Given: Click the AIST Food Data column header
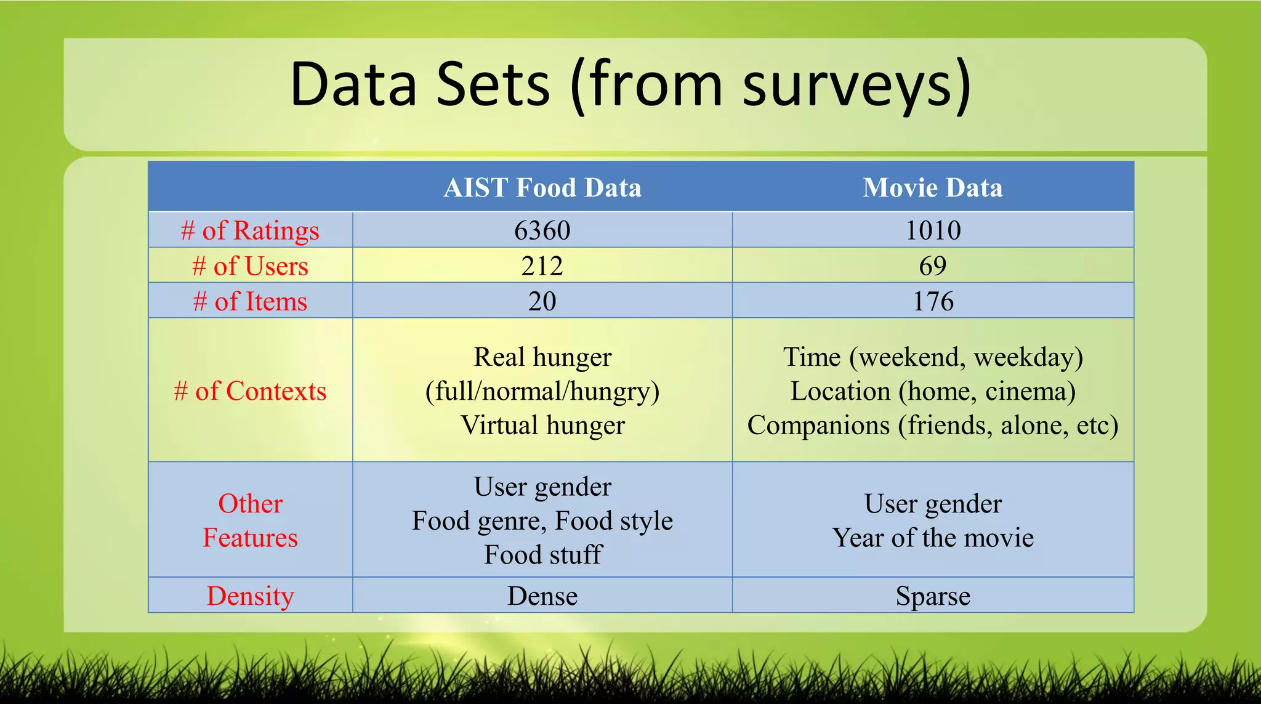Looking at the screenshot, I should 542,187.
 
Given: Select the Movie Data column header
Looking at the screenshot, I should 932,187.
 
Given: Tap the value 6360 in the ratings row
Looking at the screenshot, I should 542,230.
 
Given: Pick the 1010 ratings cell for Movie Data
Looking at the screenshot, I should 932,230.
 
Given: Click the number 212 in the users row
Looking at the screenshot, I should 542,266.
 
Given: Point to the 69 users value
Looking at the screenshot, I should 932,266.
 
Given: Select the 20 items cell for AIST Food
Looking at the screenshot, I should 542,301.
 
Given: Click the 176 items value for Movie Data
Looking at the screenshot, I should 932,301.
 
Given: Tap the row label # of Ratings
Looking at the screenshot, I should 250,231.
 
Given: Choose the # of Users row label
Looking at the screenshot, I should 250,266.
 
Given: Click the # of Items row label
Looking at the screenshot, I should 250,302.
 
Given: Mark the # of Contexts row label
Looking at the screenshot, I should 250,391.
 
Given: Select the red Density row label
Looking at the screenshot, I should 250,596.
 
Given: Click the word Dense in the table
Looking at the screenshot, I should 542,596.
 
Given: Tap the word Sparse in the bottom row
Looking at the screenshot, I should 932,596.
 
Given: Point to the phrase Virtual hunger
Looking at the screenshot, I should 542,425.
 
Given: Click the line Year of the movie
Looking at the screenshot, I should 932,538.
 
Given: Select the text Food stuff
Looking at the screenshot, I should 542,554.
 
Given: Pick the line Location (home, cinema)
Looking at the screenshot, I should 932,391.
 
